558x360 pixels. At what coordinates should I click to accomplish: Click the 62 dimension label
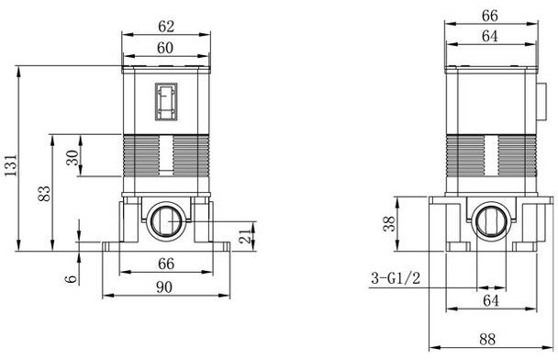pos(166,27)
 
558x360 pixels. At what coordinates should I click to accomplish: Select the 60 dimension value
pos(165,48)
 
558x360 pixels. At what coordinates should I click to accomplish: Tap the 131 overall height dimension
pos(11,165)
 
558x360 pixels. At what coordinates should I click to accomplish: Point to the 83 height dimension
pos(45,194)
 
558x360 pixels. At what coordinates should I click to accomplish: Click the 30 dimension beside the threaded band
pos(73,157)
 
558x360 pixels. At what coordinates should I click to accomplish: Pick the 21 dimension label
pos(246,236)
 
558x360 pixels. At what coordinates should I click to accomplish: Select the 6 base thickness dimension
pos(72,278)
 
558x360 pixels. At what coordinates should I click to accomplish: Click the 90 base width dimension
pos(164,287)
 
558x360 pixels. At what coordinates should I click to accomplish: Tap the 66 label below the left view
pos(166,264)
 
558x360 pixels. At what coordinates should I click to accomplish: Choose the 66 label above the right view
pos(490,16)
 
